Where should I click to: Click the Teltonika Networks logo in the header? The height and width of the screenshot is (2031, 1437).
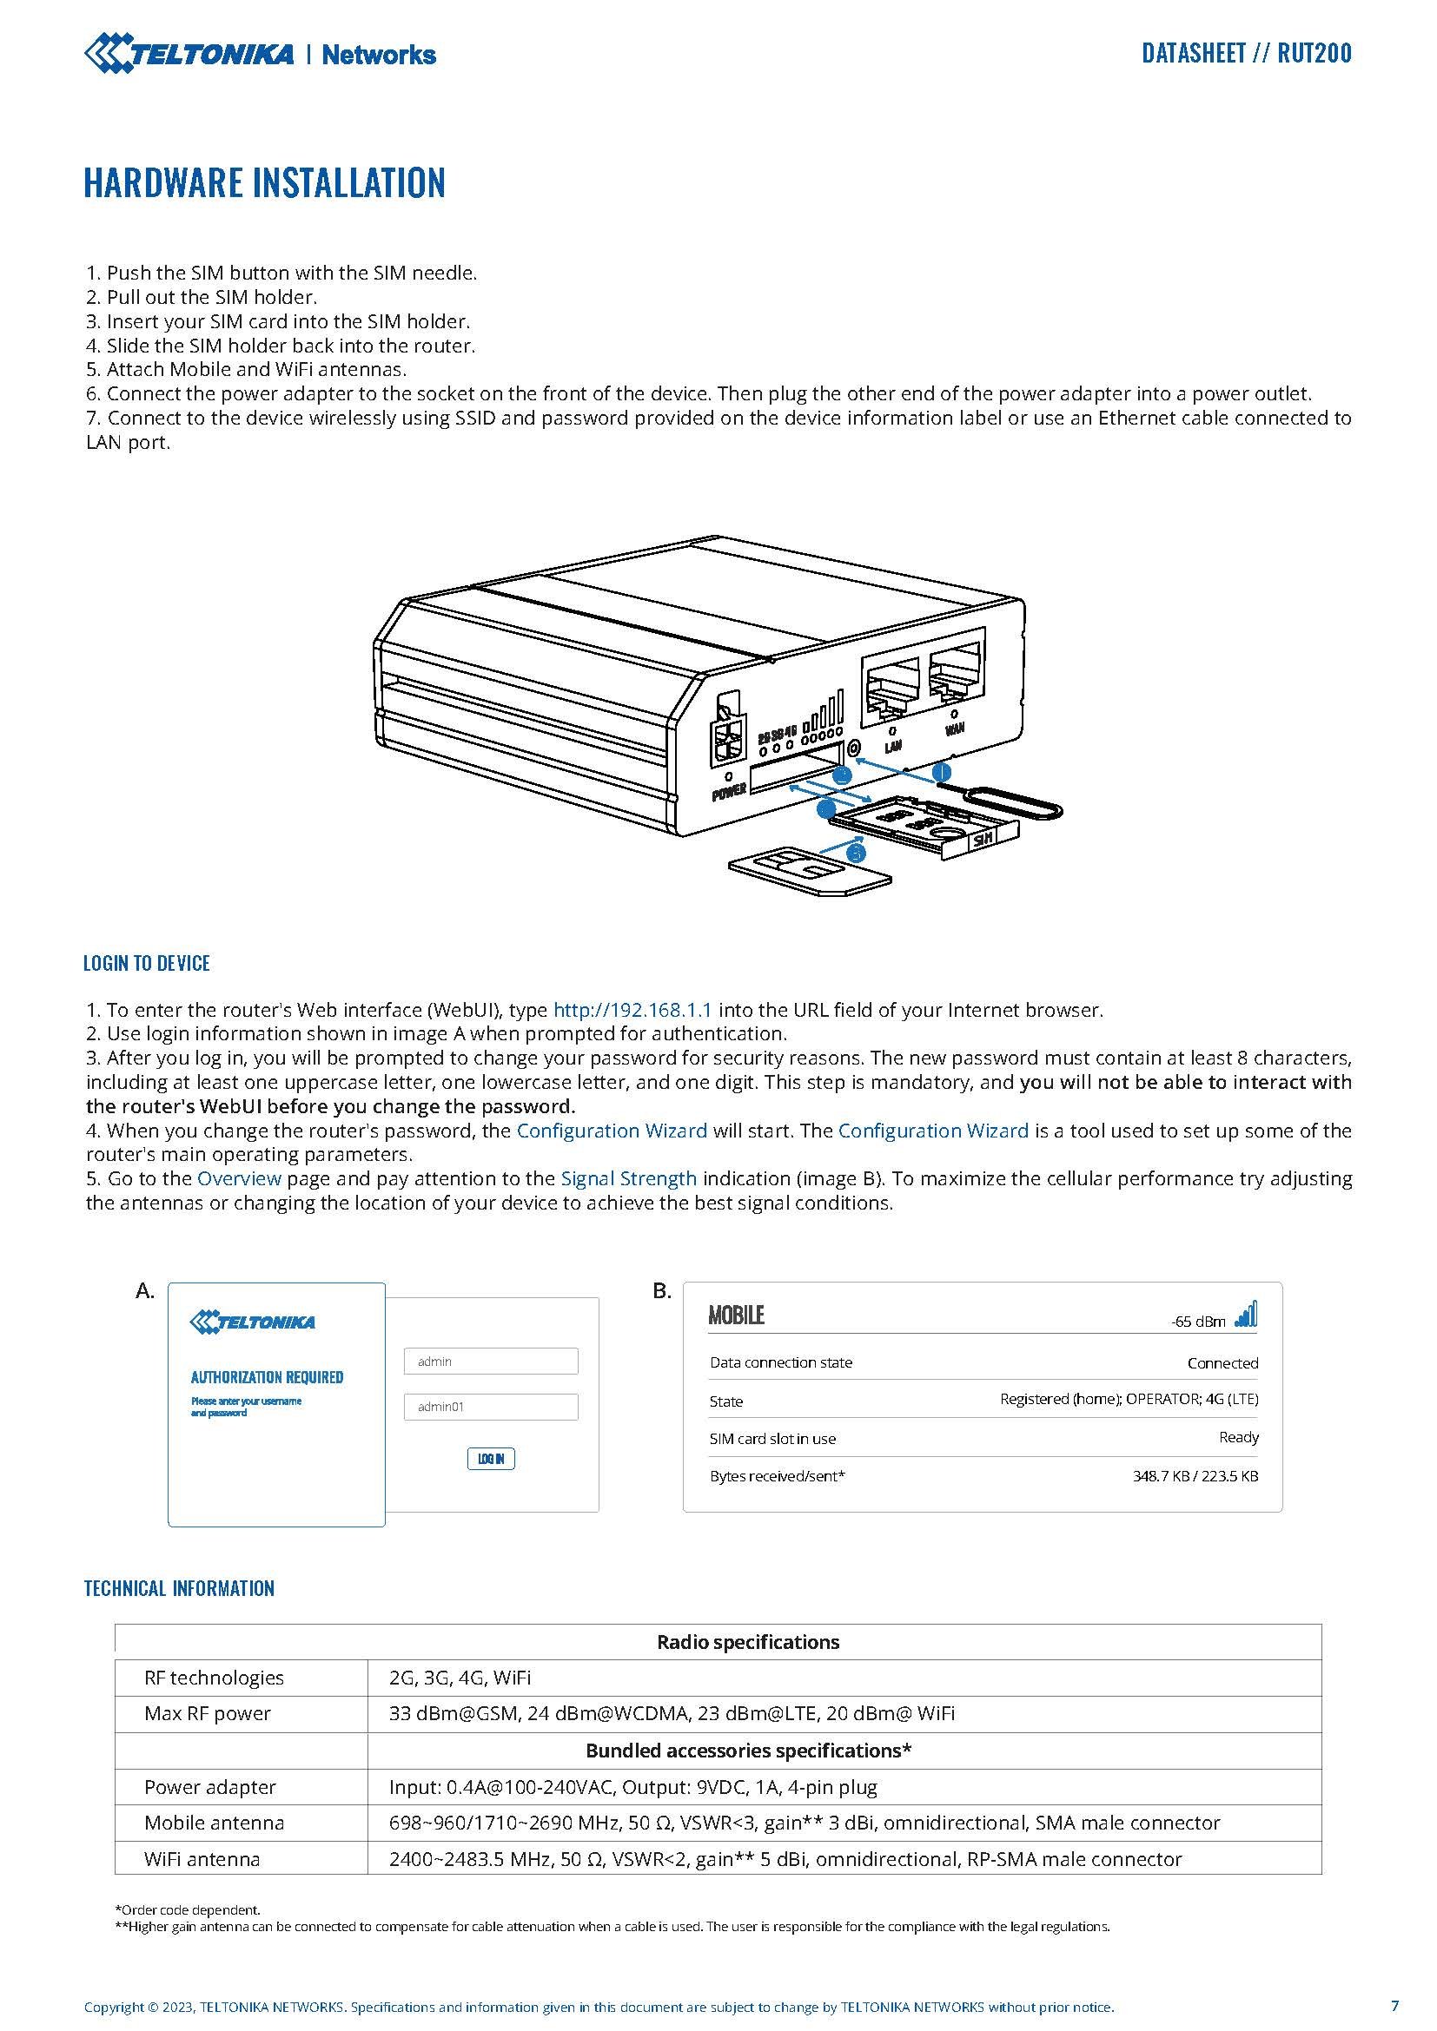[260, 54]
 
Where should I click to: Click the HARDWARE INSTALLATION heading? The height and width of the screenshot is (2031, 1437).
[265, 182]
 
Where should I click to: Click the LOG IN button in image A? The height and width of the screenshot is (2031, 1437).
[491, 1459]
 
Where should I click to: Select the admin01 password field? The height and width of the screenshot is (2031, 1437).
[491, 1407]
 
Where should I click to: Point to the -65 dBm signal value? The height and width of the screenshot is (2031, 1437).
[1198, 1322]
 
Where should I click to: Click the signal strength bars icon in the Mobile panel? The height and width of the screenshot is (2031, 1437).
[1246, 1316]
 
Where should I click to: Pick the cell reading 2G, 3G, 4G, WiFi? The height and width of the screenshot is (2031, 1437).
[460, 1678]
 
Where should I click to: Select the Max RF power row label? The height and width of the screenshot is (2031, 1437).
[207, 1713]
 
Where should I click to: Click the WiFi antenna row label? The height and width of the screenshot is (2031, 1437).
[202, 1859]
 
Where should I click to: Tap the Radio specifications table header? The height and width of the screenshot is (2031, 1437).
[748, 1642]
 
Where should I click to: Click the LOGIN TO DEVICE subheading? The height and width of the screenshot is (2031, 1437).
[147, 963]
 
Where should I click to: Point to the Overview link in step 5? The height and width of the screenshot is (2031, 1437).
[239, 1178]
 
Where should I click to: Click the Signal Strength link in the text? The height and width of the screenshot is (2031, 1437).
[628, 1178]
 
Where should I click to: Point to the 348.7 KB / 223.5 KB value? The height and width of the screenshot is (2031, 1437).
[1195, 1475]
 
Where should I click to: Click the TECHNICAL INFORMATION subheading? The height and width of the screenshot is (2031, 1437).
[179, 1588]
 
